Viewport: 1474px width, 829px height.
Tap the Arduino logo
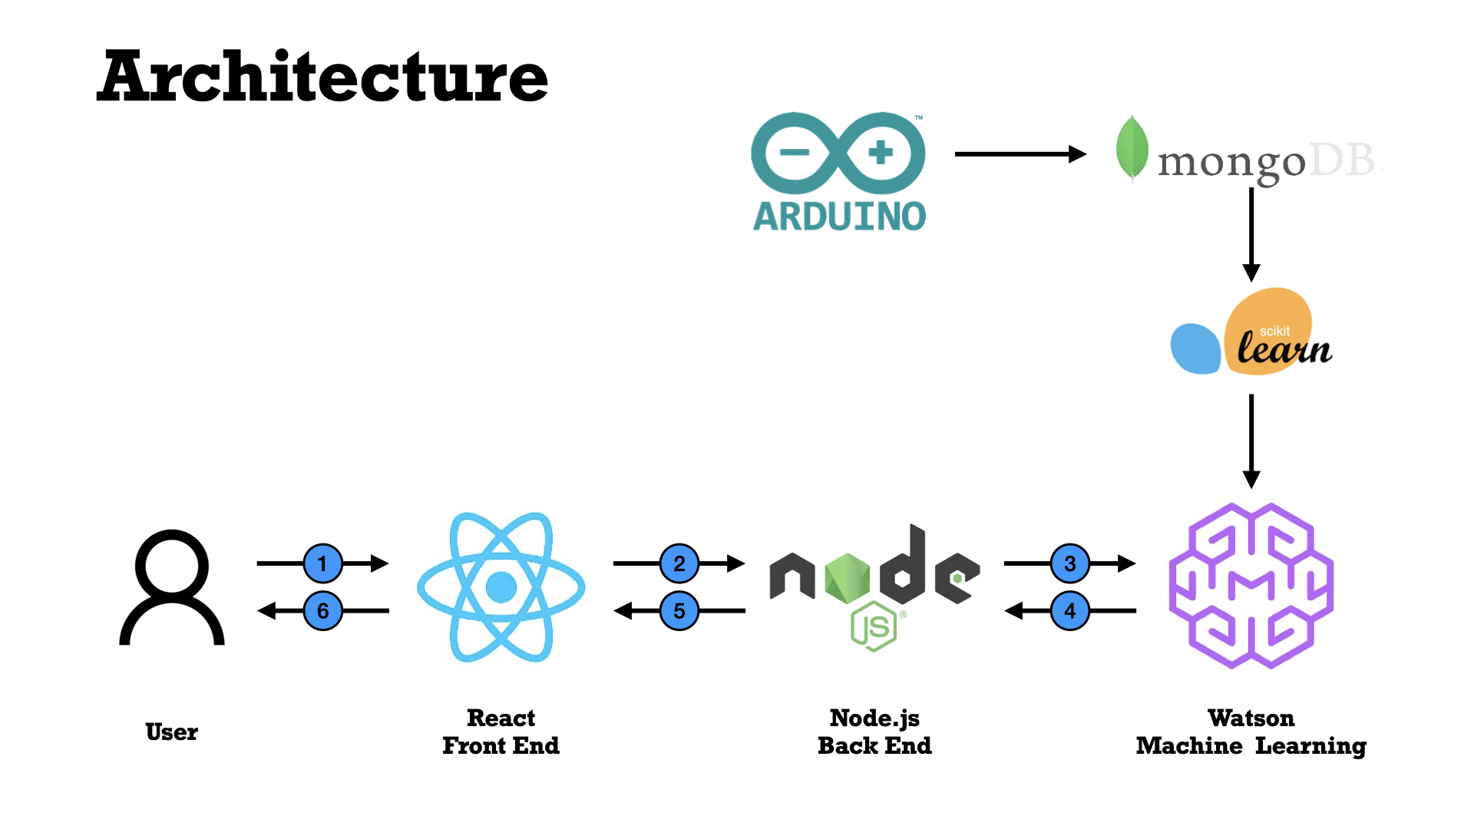pyautogui.click(x=838, y=171)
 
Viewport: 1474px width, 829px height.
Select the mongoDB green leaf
pyautogui.click(x=1132, y=148)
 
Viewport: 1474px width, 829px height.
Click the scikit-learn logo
pyautogui.click(x=1251, y=332)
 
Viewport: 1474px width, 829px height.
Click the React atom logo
pyautogui.click(x=501, y=587)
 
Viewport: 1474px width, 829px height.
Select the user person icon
pyautogui.click(x=172, y=587)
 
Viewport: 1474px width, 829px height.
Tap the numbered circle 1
pyautogui.click(x=323, y=563)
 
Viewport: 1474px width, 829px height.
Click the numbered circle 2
pyautogui.click(x=679, y=563)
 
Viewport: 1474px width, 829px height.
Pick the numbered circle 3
pyautogui.click(x=1070, y=563)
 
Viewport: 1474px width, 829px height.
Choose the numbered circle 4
pyautogui.click(x=1070, y=611)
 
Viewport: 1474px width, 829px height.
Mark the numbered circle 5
pyautogui.click(x=679, y=611)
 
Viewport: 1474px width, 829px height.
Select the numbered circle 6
pyautogui.click(x=323, y=611)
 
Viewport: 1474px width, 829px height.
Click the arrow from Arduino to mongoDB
pyautogui.click(x=1021, y=154)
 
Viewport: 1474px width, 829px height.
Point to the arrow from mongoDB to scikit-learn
pyautogui.click(x=1251, y=235)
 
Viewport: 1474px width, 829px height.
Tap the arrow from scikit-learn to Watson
pyautogui.click(x=1251, y=441)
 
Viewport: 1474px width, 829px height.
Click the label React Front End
pyautogui.click(x=501, y=732)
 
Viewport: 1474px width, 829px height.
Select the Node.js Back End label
pyautogui.click(x=874, y=732)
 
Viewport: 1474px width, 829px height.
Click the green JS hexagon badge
pyautogui.click(x=874, y=627)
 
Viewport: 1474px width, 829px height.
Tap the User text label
pyautogui.click(x=172, y=732)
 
